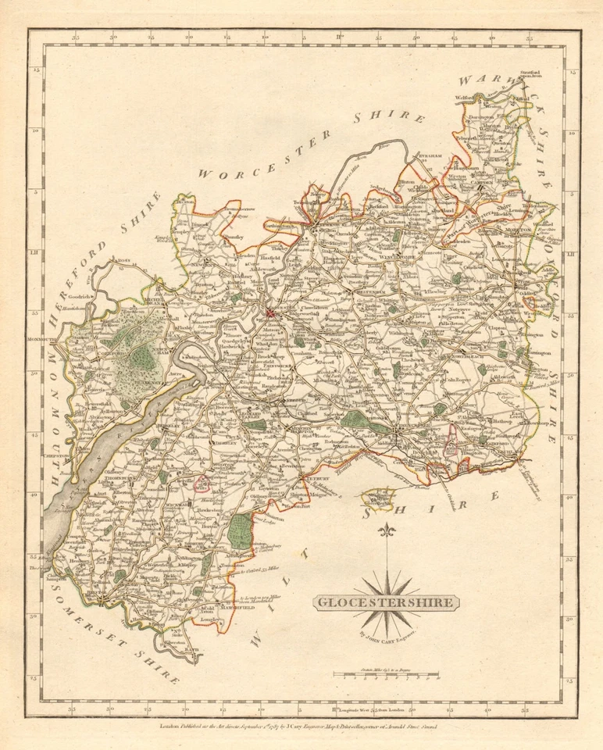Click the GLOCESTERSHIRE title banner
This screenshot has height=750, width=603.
[x=387, y=602]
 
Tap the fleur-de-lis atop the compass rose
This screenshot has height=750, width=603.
[x=387, y=532]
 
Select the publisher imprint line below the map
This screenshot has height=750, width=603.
[x=301, y=727]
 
